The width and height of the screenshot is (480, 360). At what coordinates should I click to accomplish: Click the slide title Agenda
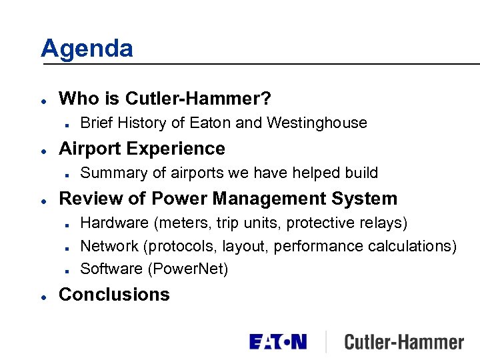[87, 48]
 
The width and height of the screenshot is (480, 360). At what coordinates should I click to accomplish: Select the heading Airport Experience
[142, 148]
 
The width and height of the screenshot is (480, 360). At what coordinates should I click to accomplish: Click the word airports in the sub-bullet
[197, 173]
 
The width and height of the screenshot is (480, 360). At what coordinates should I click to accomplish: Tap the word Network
[109, 246]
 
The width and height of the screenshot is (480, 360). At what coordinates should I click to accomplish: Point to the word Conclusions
[114, 295]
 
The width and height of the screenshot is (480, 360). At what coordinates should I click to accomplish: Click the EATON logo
[278, 342]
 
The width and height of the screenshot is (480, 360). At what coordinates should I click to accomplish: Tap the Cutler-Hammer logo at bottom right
[403, 343]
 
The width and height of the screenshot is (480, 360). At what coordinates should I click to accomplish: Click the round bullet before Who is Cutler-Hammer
[43, 100]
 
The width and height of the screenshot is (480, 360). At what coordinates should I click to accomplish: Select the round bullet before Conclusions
[43, 295]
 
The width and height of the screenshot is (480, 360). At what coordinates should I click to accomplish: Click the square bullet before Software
[69, 270]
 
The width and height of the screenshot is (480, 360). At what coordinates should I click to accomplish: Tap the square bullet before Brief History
[69, 123]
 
